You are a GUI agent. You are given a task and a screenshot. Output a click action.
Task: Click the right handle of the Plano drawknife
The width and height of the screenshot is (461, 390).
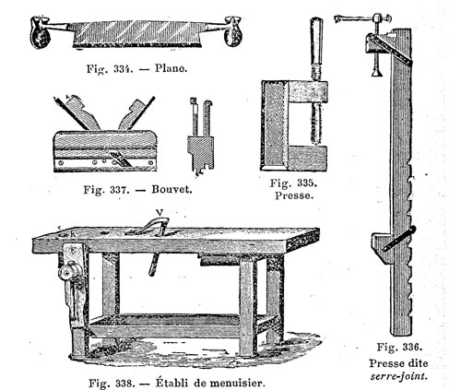coord(233,31)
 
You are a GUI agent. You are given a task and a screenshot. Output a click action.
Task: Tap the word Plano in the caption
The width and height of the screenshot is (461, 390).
coord(171,68)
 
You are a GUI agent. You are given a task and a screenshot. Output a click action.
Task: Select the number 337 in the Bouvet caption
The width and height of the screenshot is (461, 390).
coord(119,189)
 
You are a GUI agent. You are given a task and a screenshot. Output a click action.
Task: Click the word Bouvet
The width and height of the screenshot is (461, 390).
coord(171,189)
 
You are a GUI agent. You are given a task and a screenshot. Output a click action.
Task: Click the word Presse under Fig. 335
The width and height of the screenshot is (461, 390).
coord(294,195)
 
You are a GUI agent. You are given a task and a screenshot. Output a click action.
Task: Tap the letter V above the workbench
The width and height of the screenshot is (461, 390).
coord(160,212)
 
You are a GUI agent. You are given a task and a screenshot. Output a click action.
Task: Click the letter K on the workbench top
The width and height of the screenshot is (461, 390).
coord(73,234)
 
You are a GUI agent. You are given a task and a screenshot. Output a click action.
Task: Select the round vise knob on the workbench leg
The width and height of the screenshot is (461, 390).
coord(68,271)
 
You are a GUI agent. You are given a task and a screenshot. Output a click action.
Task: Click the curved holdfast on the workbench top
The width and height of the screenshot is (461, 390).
coord(149,227)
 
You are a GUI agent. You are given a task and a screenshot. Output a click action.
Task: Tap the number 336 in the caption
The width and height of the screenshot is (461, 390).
coord(412,347)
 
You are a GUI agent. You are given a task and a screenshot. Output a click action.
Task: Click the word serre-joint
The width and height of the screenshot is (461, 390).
coord(398,376)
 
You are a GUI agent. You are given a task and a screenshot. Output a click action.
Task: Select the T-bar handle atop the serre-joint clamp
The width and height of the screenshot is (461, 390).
coord(362,18)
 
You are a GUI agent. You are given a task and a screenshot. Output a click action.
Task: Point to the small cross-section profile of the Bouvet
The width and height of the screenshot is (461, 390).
coord(200,137)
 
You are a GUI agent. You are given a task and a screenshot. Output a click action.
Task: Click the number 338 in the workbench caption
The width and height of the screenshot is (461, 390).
coord(125,384)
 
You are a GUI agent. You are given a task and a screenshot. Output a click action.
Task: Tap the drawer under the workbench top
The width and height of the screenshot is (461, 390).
coord(220,260)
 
